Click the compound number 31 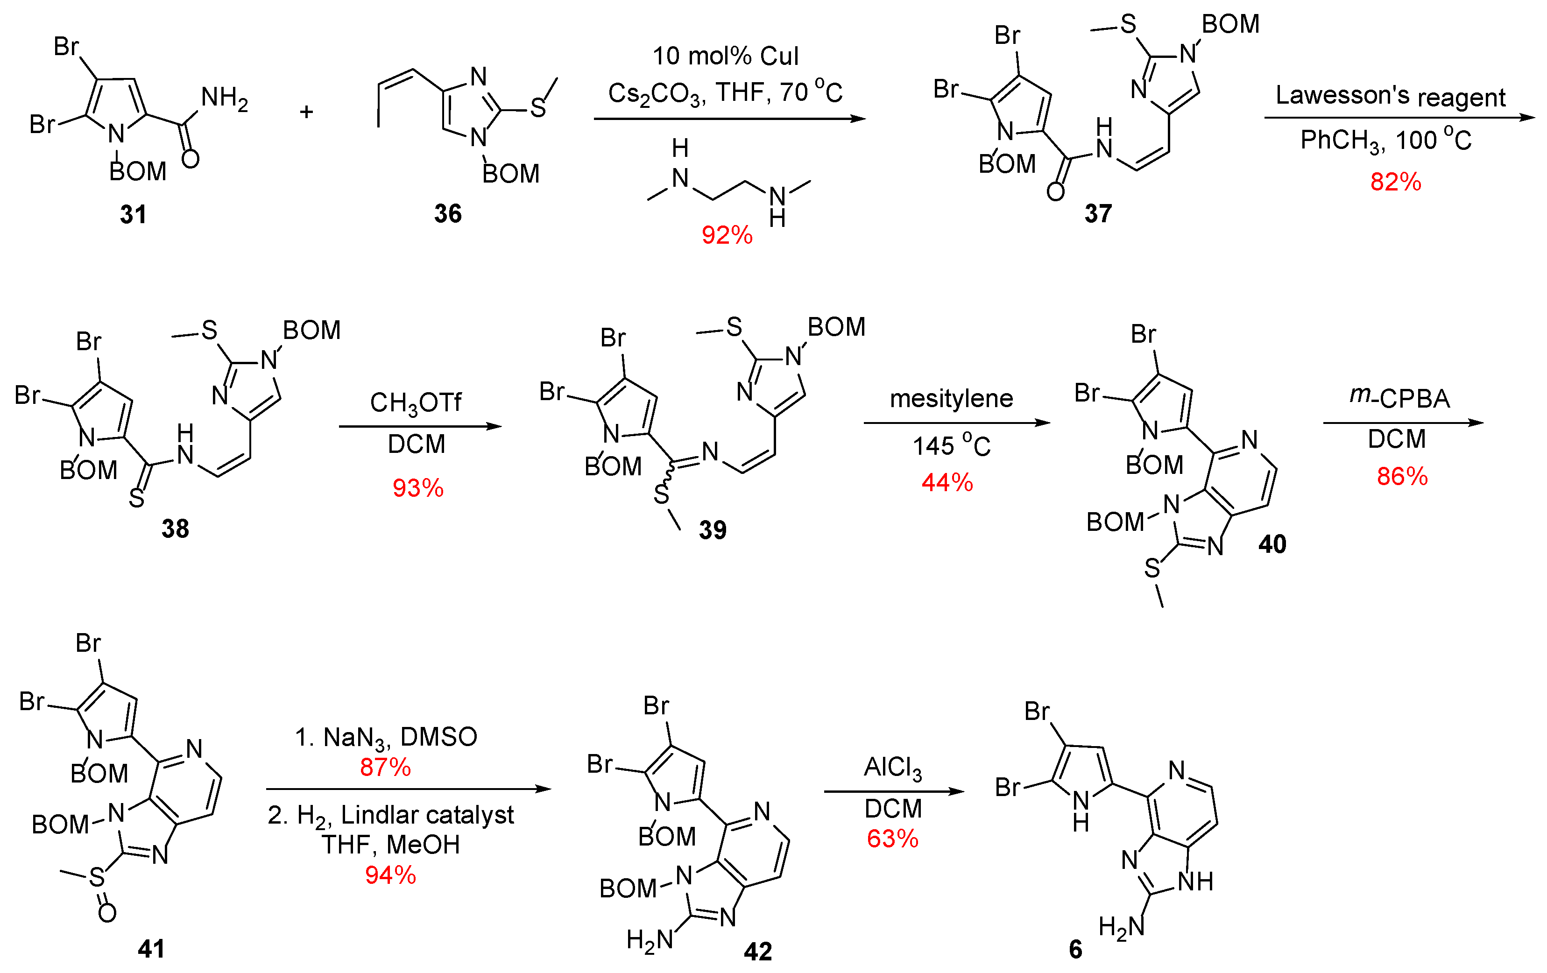click(133, 214)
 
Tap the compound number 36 click(447, 213)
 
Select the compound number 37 click(1097, 213)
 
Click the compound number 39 click(713, 530)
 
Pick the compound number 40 click(1272, 544)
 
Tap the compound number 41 click(151, 949)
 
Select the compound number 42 click(757, 951)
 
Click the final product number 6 click(1075, 949)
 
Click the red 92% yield click(727, 235)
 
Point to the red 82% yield click(1395, 182)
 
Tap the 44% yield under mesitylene click(947, 482)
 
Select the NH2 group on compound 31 click(224, 98)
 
